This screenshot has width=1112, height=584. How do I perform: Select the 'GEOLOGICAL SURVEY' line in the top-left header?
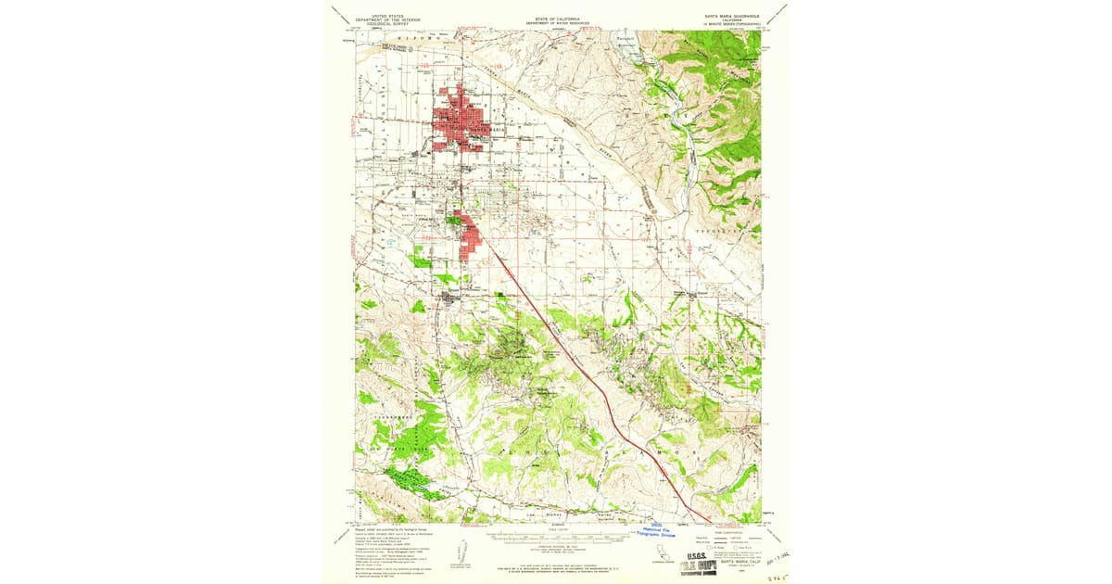[x=388, y=26]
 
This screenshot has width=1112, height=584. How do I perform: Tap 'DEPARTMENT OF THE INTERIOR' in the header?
[x=388, y=21]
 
